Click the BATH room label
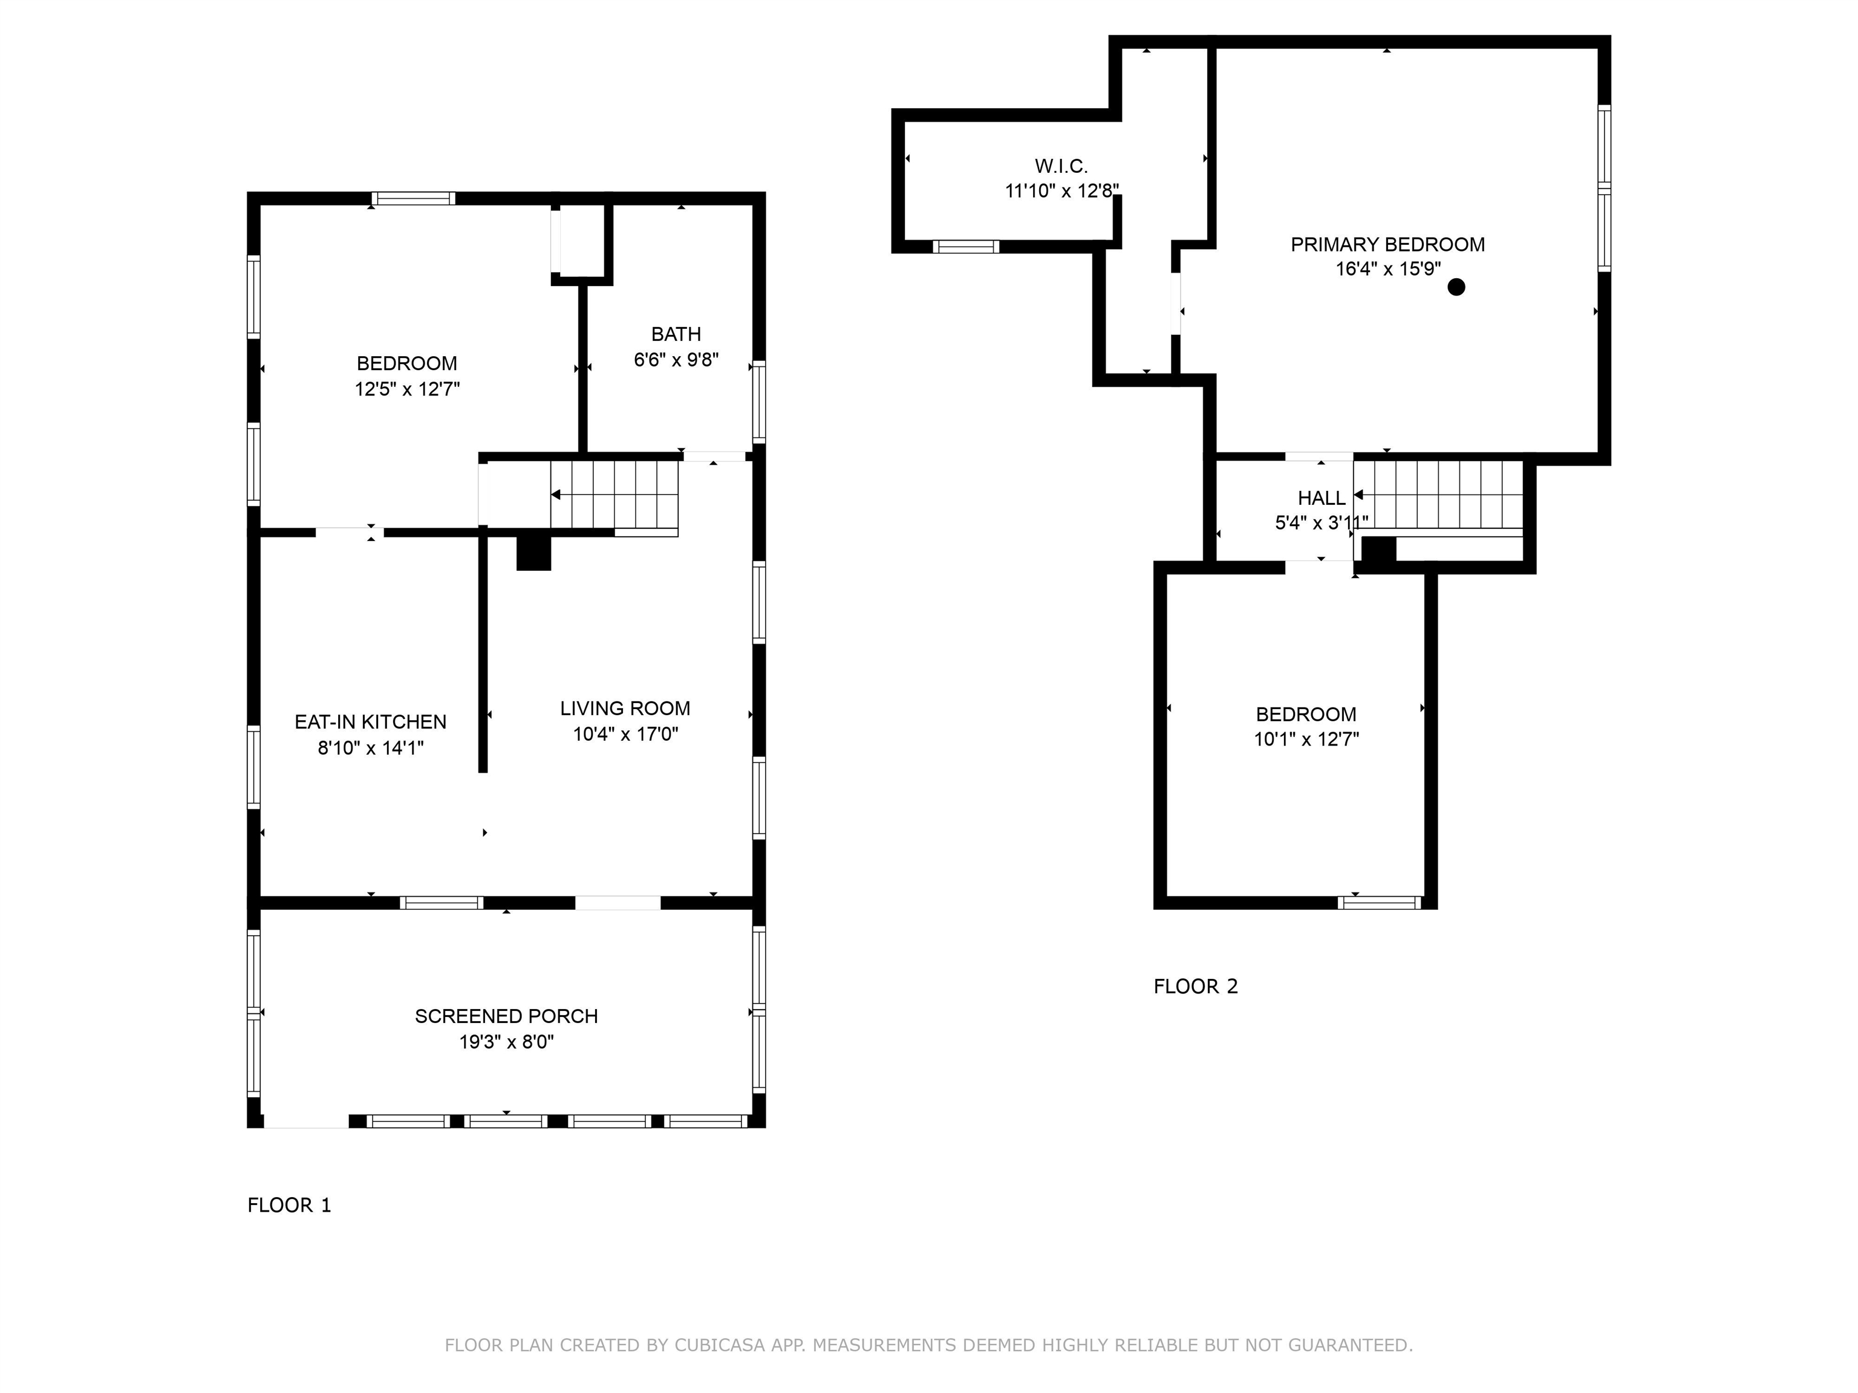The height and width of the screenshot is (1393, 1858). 676,334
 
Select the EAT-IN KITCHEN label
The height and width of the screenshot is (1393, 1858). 370,722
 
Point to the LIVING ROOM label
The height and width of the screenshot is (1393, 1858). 625,709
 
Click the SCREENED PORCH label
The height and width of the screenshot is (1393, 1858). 506,1016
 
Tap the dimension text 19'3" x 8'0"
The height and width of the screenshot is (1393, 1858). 506,1042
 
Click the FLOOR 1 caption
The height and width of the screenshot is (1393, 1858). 289,1206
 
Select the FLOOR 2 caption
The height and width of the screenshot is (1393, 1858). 1195,987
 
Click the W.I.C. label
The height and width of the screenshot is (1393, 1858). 1061,166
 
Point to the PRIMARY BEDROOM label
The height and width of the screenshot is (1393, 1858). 1387,244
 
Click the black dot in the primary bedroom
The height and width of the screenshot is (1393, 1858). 1456,287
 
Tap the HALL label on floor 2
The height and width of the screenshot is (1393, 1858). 1322,498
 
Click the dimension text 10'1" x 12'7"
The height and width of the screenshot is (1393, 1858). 1306,740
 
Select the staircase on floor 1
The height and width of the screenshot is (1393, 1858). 615,495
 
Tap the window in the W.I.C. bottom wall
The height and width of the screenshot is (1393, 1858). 965,247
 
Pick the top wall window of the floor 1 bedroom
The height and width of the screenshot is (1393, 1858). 413,199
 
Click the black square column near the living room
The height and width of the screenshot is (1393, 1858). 533,553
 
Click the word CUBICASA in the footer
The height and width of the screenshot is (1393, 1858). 719,1345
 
